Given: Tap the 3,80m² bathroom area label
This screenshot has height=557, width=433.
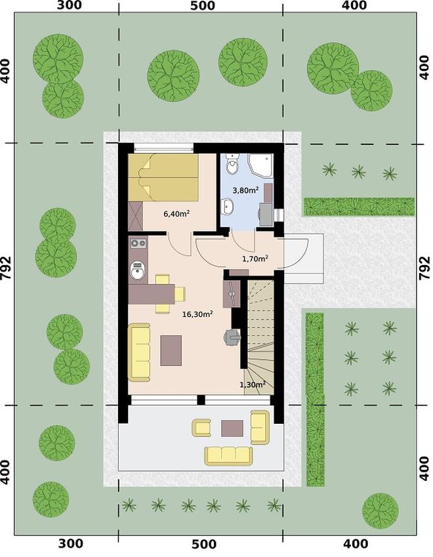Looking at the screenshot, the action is (245, 190).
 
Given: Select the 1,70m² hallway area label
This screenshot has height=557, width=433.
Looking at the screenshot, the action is (255, 258).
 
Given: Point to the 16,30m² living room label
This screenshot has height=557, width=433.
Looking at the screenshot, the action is (197, 314).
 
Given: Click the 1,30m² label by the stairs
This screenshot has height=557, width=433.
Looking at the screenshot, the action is (253, 384).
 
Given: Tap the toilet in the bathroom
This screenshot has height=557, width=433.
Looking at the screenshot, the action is (232, 165).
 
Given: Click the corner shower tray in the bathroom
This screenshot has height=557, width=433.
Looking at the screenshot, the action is (260, 165).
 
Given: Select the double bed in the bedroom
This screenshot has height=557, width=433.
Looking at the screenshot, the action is (163, 177).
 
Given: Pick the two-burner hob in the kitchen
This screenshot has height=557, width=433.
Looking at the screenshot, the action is (138, 243).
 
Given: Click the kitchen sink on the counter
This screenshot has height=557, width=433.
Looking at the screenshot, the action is (137, 270).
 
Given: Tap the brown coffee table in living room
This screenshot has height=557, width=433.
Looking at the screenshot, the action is (171, 350).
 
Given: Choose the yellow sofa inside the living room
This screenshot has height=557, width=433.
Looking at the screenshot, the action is (139, 352).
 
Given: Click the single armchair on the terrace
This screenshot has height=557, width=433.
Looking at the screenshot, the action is (201, 427).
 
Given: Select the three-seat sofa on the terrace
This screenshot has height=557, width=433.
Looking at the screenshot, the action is (228, 456).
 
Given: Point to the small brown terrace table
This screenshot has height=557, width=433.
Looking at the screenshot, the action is (232, 428).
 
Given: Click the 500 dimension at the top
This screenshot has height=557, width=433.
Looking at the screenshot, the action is (203, 6).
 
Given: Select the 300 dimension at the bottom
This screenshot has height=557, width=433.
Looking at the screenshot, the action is (71, 543).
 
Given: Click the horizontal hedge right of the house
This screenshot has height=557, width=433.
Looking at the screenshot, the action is (359, 207).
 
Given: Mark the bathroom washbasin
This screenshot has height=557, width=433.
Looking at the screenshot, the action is (227, 207).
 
